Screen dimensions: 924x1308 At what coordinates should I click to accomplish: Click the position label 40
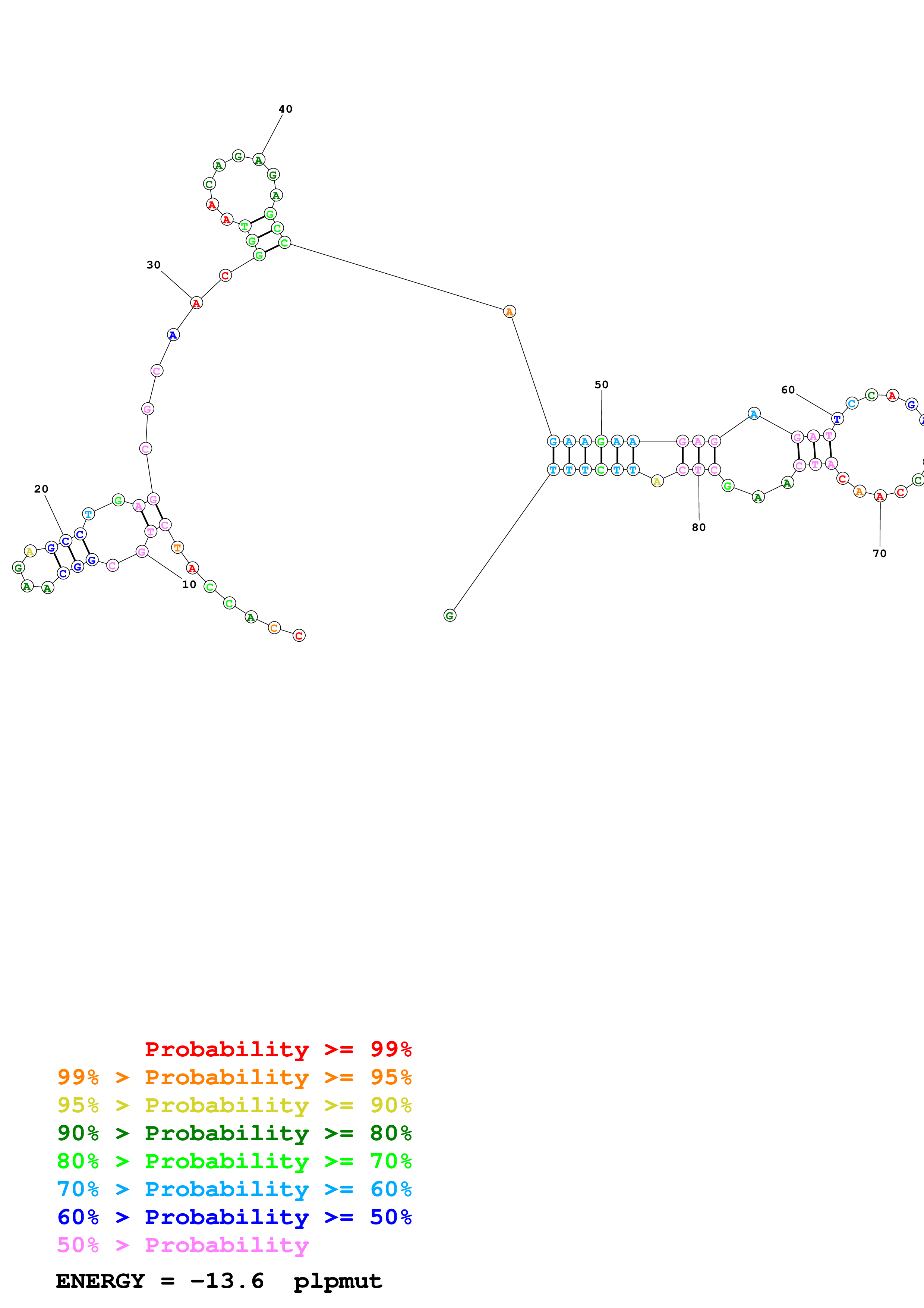285,109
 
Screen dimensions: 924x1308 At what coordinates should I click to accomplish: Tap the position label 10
189,584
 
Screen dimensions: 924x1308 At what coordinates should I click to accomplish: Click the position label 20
41,489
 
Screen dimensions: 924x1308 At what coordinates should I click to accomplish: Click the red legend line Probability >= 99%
278,1049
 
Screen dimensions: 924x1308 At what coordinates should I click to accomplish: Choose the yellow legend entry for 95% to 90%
234,1105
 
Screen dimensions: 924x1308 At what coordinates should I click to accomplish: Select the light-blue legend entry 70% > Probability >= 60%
234,1189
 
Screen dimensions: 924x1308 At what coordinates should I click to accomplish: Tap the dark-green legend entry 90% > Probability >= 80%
234,1133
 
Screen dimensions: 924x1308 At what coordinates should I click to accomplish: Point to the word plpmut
338,1281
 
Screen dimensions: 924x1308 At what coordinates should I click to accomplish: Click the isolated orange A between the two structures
510,312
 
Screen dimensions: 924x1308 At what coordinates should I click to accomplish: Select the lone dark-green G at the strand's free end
450,615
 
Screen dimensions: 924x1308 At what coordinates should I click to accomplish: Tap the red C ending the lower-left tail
299,635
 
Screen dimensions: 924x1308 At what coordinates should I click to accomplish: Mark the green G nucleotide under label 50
601,441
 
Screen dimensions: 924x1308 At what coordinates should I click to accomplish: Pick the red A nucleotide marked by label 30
196,303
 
